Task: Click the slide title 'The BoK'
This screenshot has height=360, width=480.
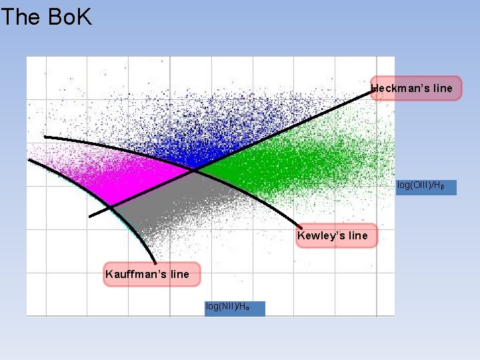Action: pos(46,17)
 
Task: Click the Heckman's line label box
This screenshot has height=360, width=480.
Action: pos(416,88)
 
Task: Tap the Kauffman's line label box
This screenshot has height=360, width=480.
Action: pos(151,274)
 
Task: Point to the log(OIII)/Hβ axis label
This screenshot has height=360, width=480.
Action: pos(426,186)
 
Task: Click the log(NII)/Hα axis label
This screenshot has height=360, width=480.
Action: pos(234,307)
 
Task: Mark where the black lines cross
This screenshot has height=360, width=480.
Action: pos(195,171)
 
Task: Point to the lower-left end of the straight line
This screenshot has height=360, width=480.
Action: pos(90,216)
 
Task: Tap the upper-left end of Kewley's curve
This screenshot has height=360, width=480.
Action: pos(45,137)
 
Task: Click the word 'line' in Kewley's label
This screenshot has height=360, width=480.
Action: pos(357,235)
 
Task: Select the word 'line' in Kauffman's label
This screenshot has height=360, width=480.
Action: pos(178,274)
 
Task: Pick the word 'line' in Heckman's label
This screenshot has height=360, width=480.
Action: pos(441,88)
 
